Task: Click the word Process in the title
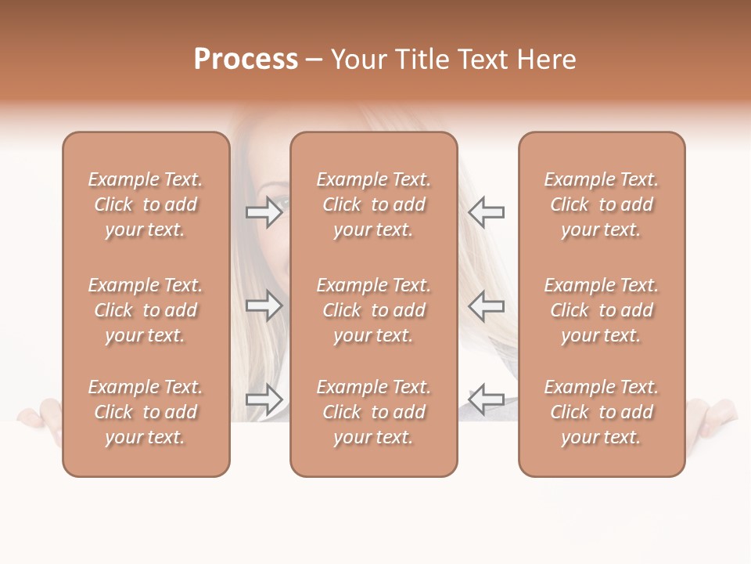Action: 246,60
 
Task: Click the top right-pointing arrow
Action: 264,212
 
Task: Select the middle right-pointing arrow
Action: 264,305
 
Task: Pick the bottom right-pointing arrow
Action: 264,399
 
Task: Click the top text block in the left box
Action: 146,204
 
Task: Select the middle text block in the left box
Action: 146,310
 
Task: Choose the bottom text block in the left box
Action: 146,412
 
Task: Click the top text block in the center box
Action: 373,204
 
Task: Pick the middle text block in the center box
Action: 373,310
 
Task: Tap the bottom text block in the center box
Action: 373,412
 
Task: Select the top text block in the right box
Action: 602,204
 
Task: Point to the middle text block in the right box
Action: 602,310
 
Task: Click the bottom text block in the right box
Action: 602,412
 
